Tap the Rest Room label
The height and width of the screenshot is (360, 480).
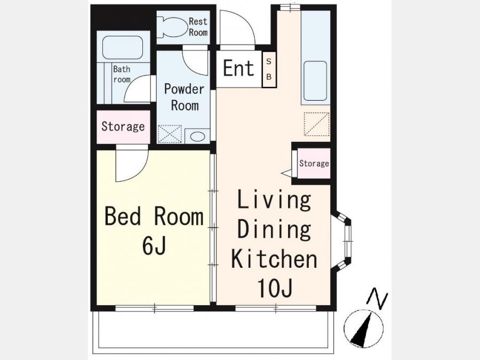(x=198, y=27)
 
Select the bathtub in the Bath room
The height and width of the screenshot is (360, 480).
(x=123, y=48)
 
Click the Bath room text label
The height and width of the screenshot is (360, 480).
(x=122, y=74)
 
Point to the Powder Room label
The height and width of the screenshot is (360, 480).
(x=185, y=97)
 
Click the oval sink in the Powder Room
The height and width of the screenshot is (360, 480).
(x=197, y=136)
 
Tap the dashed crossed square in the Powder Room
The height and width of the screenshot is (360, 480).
(x=169, y=134)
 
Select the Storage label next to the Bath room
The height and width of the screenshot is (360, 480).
(x=123, y=126)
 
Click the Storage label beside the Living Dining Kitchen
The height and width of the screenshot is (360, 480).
(x=314, y=163)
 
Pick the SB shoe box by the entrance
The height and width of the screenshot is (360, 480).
(x=269, y=69)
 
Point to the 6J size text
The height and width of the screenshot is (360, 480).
(x=154, y=246)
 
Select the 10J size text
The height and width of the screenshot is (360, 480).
(x=275, y=288)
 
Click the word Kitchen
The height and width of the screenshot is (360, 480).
(x=274, y=259)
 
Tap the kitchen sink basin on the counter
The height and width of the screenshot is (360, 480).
(x=315, y=81)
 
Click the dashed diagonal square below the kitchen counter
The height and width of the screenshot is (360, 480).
(x=316, y=124)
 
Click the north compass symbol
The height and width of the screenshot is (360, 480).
(x=363, y=328)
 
